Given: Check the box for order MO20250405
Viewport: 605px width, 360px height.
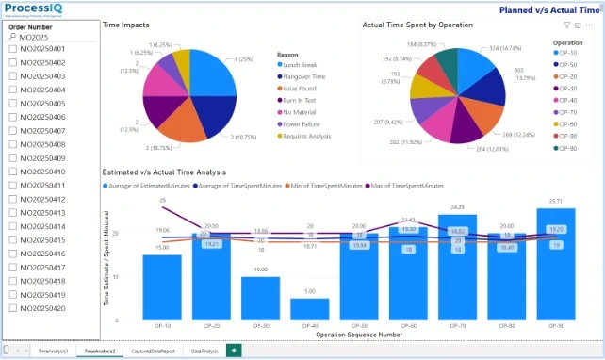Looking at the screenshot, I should [13, 103].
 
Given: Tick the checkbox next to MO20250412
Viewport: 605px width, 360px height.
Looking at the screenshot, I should [13, 199].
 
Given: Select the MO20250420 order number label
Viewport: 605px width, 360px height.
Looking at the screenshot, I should [42, 308].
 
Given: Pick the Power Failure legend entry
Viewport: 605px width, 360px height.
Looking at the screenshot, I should [303, 123].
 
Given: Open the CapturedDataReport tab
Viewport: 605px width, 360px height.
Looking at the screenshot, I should [152, 350].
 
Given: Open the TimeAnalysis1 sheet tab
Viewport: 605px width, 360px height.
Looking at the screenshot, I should [53, 350].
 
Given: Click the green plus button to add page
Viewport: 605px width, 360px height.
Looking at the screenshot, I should [233, 350].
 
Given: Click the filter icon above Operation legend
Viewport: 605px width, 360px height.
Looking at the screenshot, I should [566, 26].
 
